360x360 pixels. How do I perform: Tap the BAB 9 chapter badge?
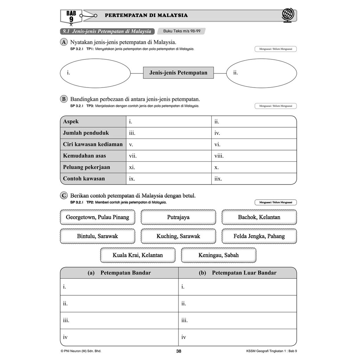tap(71, 16)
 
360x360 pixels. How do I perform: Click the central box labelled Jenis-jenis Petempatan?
tap(178, 73)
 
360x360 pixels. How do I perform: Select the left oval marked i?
tap(95, 73)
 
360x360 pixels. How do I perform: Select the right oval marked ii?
tap(261, 73)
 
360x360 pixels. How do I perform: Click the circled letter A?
tap(64, 42)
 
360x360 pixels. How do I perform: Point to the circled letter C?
tap(64, 195)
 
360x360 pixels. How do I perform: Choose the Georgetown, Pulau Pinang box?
tap(97, 217)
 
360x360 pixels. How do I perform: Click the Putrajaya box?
tap(178, 217)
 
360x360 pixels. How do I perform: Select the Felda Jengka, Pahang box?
tap(259, 236)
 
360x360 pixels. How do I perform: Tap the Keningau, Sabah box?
tap(218, 255)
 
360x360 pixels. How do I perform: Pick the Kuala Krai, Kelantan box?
tap(138, 255)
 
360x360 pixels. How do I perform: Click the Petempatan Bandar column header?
tap(120, 273)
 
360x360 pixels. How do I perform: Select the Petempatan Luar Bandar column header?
tap(238, 273)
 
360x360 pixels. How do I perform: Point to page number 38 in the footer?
tap(179, 351)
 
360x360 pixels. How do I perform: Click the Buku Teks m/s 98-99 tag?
tap(181, 31)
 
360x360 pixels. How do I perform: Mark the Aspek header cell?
tap(93, 122)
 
